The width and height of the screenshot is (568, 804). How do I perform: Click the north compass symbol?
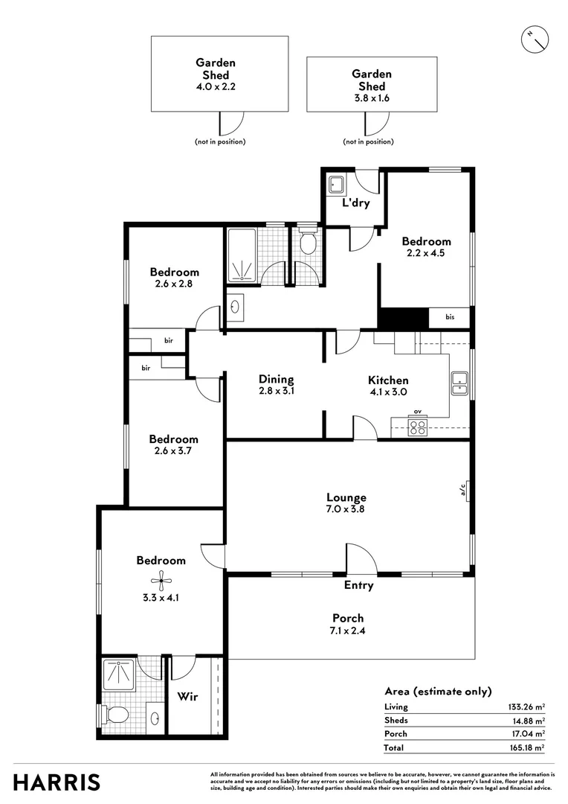534,38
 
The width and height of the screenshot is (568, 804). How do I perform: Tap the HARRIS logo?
57,782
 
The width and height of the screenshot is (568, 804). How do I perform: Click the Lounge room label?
346,497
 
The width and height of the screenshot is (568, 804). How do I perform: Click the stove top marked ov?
418,427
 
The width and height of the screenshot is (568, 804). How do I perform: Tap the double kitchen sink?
459,382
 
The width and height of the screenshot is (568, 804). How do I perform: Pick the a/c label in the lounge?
462,489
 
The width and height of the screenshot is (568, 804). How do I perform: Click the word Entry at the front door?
358,586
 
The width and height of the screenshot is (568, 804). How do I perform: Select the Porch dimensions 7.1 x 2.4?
347,631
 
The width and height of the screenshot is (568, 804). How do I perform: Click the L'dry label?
355,203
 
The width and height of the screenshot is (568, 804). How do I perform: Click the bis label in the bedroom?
450,317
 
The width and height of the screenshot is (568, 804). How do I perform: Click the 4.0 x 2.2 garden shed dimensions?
216,86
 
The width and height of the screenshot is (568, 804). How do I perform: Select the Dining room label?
277,379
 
